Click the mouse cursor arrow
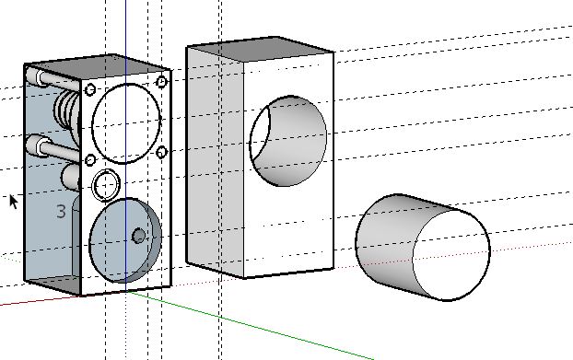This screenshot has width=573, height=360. [x=14, y=202]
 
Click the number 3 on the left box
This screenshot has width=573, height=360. [x=62, y=212]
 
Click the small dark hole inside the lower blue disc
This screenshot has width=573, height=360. [x=138, y=236]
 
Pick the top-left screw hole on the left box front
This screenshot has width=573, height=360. [x=90, y=89]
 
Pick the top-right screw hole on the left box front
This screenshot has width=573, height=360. [x=162, y=82]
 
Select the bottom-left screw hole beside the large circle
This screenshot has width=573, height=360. [x=90, y=160]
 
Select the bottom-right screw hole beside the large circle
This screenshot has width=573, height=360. [x=162, y=152]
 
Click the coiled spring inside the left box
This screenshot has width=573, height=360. [x=67, y=109]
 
